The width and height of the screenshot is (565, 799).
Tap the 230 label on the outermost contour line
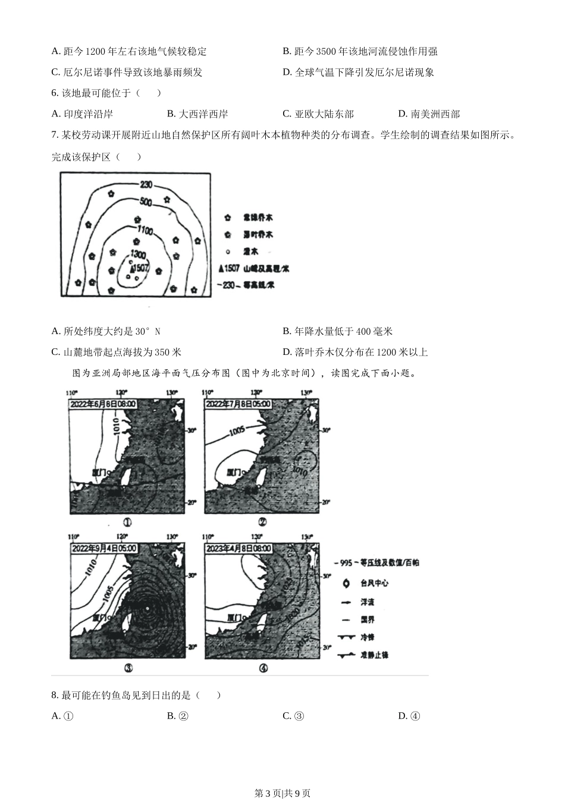pyautogui.click(x=146, y=185)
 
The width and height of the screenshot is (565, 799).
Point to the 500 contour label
pyautogui.click(x=146, y=202)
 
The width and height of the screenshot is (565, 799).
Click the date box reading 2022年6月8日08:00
pyautogui.click(x=103, y=404)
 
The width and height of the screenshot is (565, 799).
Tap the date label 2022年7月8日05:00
pyautogui.click(x=238, y=404)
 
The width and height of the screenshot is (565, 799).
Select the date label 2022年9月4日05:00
pyautogui.click(x=103, y=548)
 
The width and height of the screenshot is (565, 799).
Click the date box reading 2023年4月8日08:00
pyautogui.click(x=238, y=548)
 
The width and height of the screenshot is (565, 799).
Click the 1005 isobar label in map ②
pyautogui.click(x=236, y=430)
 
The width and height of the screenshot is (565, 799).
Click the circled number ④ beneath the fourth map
pyautogui.click(x=263, y=668)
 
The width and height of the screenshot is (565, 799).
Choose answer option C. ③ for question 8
pyautogui.click(x=293, y=716)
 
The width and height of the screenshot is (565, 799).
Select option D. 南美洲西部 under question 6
pyautogui.click(x=429, y=114)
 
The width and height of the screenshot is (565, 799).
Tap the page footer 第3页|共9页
pyautogui.click(x=282, y=792)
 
